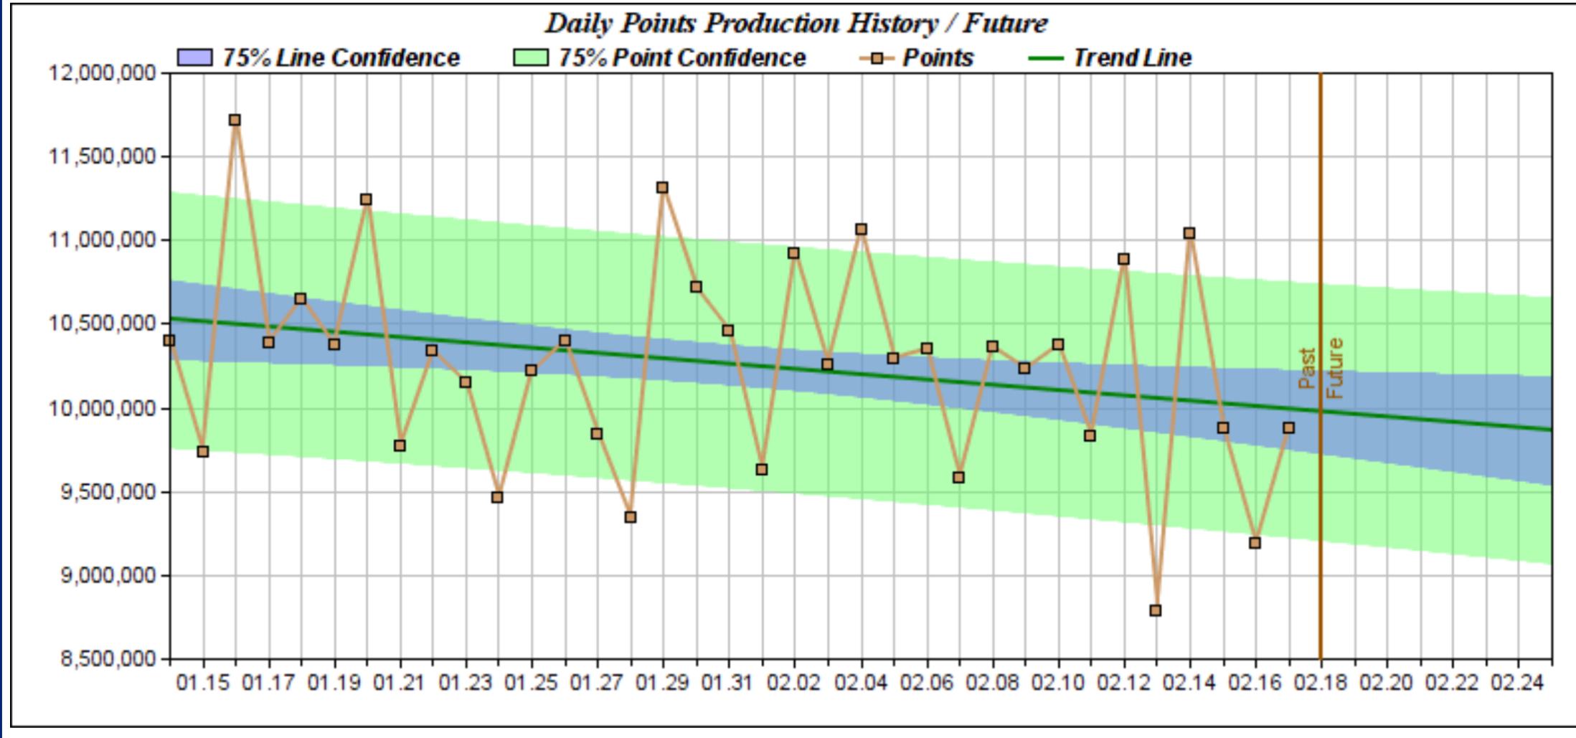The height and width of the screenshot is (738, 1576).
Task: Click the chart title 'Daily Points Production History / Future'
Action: pos(796,23)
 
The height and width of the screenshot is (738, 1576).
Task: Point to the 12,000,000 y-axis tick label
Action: pos(102,73)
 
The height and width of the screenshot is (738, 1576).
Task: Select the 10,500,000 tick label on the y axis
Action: pos(102,323)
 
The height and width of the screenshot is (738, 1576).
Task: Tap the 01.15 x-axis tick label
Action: pos(204,683)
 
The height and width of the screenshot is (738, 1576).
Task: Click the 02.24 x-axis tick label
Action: pos(1518,683)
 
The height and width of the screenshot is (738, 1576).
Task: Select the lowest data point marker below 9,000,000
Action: pos(1155,610)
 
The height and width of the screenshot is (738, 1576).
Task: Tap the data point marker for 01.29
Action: pos(662,188)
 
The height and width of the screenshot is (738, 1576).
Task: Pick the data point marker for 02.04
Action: pos(861,230)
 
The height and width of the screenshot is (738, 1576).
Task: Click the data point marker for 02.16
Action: pos(1255,543)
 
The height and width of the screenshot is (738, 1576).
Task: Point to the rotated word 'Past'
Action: pos(1307,369)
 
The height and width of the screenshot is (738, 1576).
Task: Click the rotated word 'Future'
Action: pos(1334,369)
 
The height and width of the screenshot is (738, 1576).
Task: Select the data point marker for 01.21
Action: pos(400,446)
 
